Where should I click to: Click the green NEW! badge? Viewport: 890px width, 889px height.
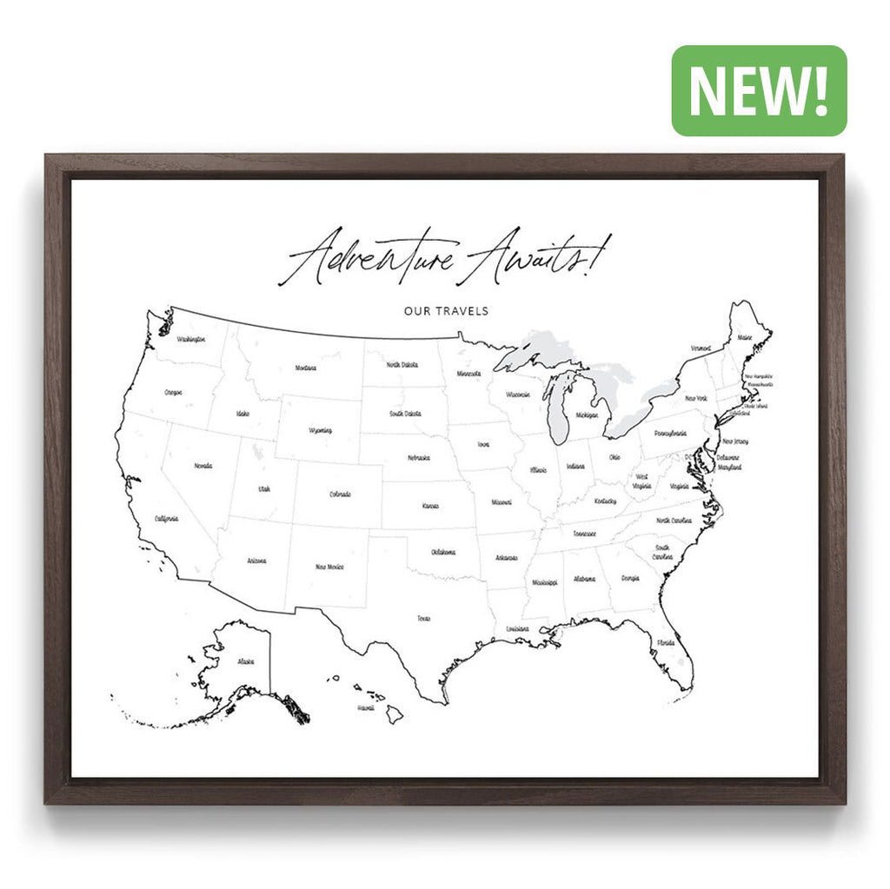pyautogui.click(x=759, y=90)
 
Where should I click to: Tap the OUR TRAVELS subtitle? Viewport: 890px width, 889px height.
pyautogui.click(x=446, y=310)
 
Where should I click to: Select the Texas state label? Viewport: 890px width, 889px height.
pyautogui.click(x=423, y=619)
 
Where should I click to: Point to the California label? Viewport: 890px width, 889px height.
pyautogui.click(x=166, y=519)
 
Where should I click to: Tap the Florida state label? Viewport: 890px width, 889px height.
pyautogui.click(x=665, y=643)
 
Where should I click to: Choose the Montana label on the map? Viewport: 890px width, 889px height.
pyautogui.click(x=305, y=368)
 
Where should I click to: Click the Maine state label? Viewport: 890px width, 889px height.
pyautogui.click(x=745, y=337)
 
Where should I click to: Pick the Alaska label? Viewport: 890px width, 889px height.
pyautogui.click(x=246, y=662)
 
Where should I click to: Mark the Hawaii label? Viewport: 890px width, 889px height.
pyautogui.click(x=365, y=708)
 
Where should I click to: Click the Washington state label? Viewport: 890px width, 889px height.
pyautogui.click(x=190, y=339)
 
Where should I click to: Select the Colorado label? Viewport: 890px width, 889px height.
pyautogui.click(x=340, y=494)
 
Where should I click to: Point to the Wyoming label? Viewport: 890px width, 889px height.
pyautogui.click(x=320, y=430)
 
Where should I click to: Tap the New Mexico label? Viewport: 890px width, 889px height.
pyautogui.click(x=329, y=567)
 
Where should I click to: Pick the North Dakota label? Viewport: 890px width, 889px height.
pyautogui.click(x=402, y=365)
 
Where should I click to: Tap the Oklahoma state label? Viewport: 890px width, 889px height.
pyautogui.click(x=443, y=552)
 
